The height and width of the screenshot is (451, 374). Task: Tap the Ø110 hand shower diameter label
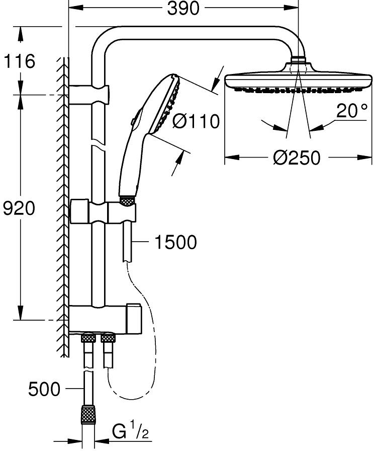click(197, 121)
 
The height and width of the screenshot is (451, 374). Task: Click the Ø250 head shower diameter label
click(297, 158)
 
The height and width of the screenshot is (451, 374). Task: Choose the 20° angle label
click(351, 112)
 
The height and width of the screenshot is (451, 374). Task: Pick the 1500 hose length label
click(175, 242)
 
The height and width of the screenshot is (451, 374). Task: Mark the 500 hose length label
click(44, 389)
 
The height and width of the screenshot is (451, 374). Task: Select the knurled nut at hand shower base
click(128, 201)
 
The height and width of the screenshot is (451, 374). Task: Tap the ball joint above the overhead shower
click(298, 61)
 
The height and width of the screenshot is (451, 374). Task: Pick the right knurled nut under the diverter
click(108, 338)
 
